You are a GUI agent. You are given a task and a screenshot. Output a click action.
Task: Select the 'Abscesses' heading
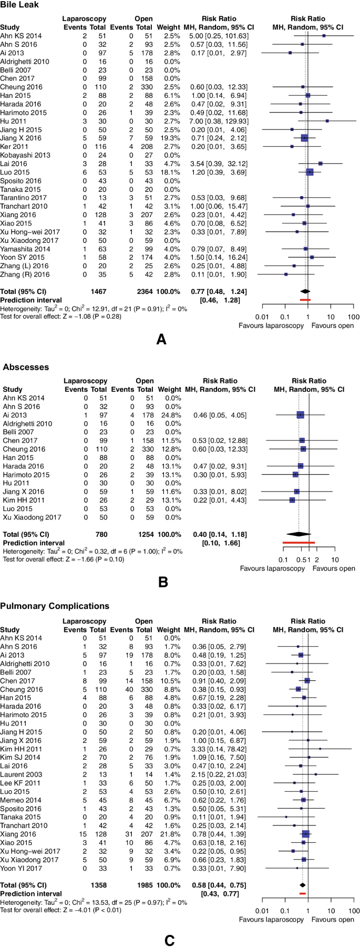[26, 367]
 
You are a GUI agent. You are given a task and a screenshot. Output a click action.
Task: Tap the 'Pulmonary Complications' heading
[55, 606]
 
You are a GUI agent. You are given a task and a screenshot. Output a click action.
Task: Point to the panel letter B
[162, 581]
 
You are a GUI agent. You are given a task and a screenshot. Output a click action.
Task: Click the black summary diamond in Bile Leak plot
[304, 291]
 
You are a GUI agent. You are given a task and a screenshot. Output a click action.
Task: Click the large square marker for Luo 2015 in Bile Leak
[310, 172]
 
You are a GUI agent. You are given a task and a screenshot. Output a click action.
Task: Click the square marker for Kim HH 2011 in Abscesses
[292, 500]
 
